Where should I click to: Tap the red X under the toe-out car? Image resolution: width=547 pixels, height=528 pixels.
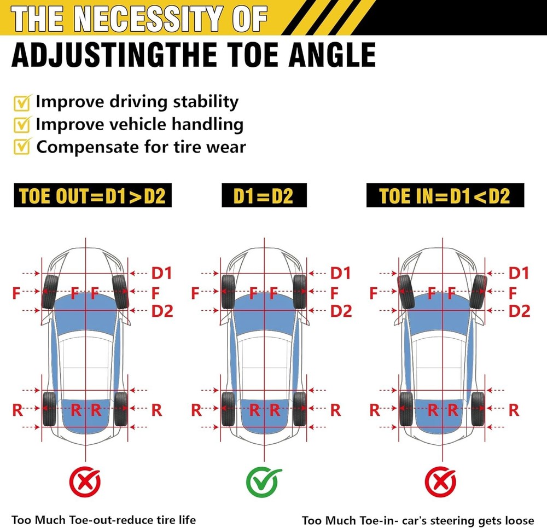pyautogui.click(x=85, y=481)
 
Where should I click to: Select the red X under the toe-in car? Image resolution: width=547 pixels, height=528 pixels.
pyautogui.click(x=441, y=481)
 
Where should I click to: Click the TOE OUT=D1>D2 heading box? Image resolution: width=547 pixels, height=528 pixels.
pyautogui.click(x=92, y=196)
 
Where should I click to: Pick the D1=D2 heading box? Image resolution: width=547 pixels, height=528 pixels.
pyautogui.click(x=264, y=196)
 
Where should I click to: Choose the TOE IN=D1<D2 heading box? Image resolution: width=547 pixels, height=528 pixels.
pyautogui.click(x=444, y=196)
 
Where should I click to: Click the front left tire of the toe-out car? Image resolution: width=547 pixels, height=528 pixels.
pyautogui.click(x=50, y=292)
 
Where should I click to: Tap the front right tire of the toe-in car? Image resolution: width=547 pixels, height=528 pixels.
pyautogui.click(x=478, y=291)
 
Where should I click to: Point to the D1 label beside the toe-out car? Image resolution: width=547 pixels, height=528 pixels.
pyautogui.click(x=162, y=272)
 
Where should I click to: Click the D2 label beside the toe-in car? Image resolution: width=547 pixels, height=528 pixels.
pyautogui.click(x=519, y=311)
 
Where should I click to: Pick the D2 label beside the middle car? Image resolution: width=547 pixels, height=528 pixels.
pyautogui.click(x=341, y=311)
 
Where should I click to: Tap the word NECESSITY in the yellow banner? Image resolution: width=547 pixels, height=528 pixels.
pyautogui.click(x=148, y=18)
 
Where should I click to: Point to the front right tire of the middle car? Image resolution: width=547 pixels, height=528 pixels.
pyautogui.click(x=299, y=292)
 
